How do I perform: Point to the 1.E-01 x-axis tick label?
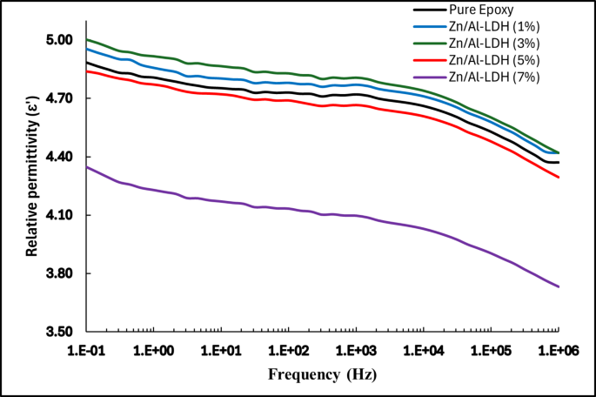[87, 350]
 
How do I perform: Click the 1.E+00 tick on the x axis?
[154, 350]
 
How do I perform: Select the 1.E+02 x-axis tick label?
[289, 350]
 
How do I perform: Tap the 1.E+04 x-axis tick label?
[424, 350]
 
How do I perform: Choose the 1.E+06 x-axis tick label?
[557, 350]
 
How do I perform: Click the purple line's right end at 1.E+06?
[558, 287]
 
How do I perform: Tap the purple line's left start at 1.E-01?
[87, 166]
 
